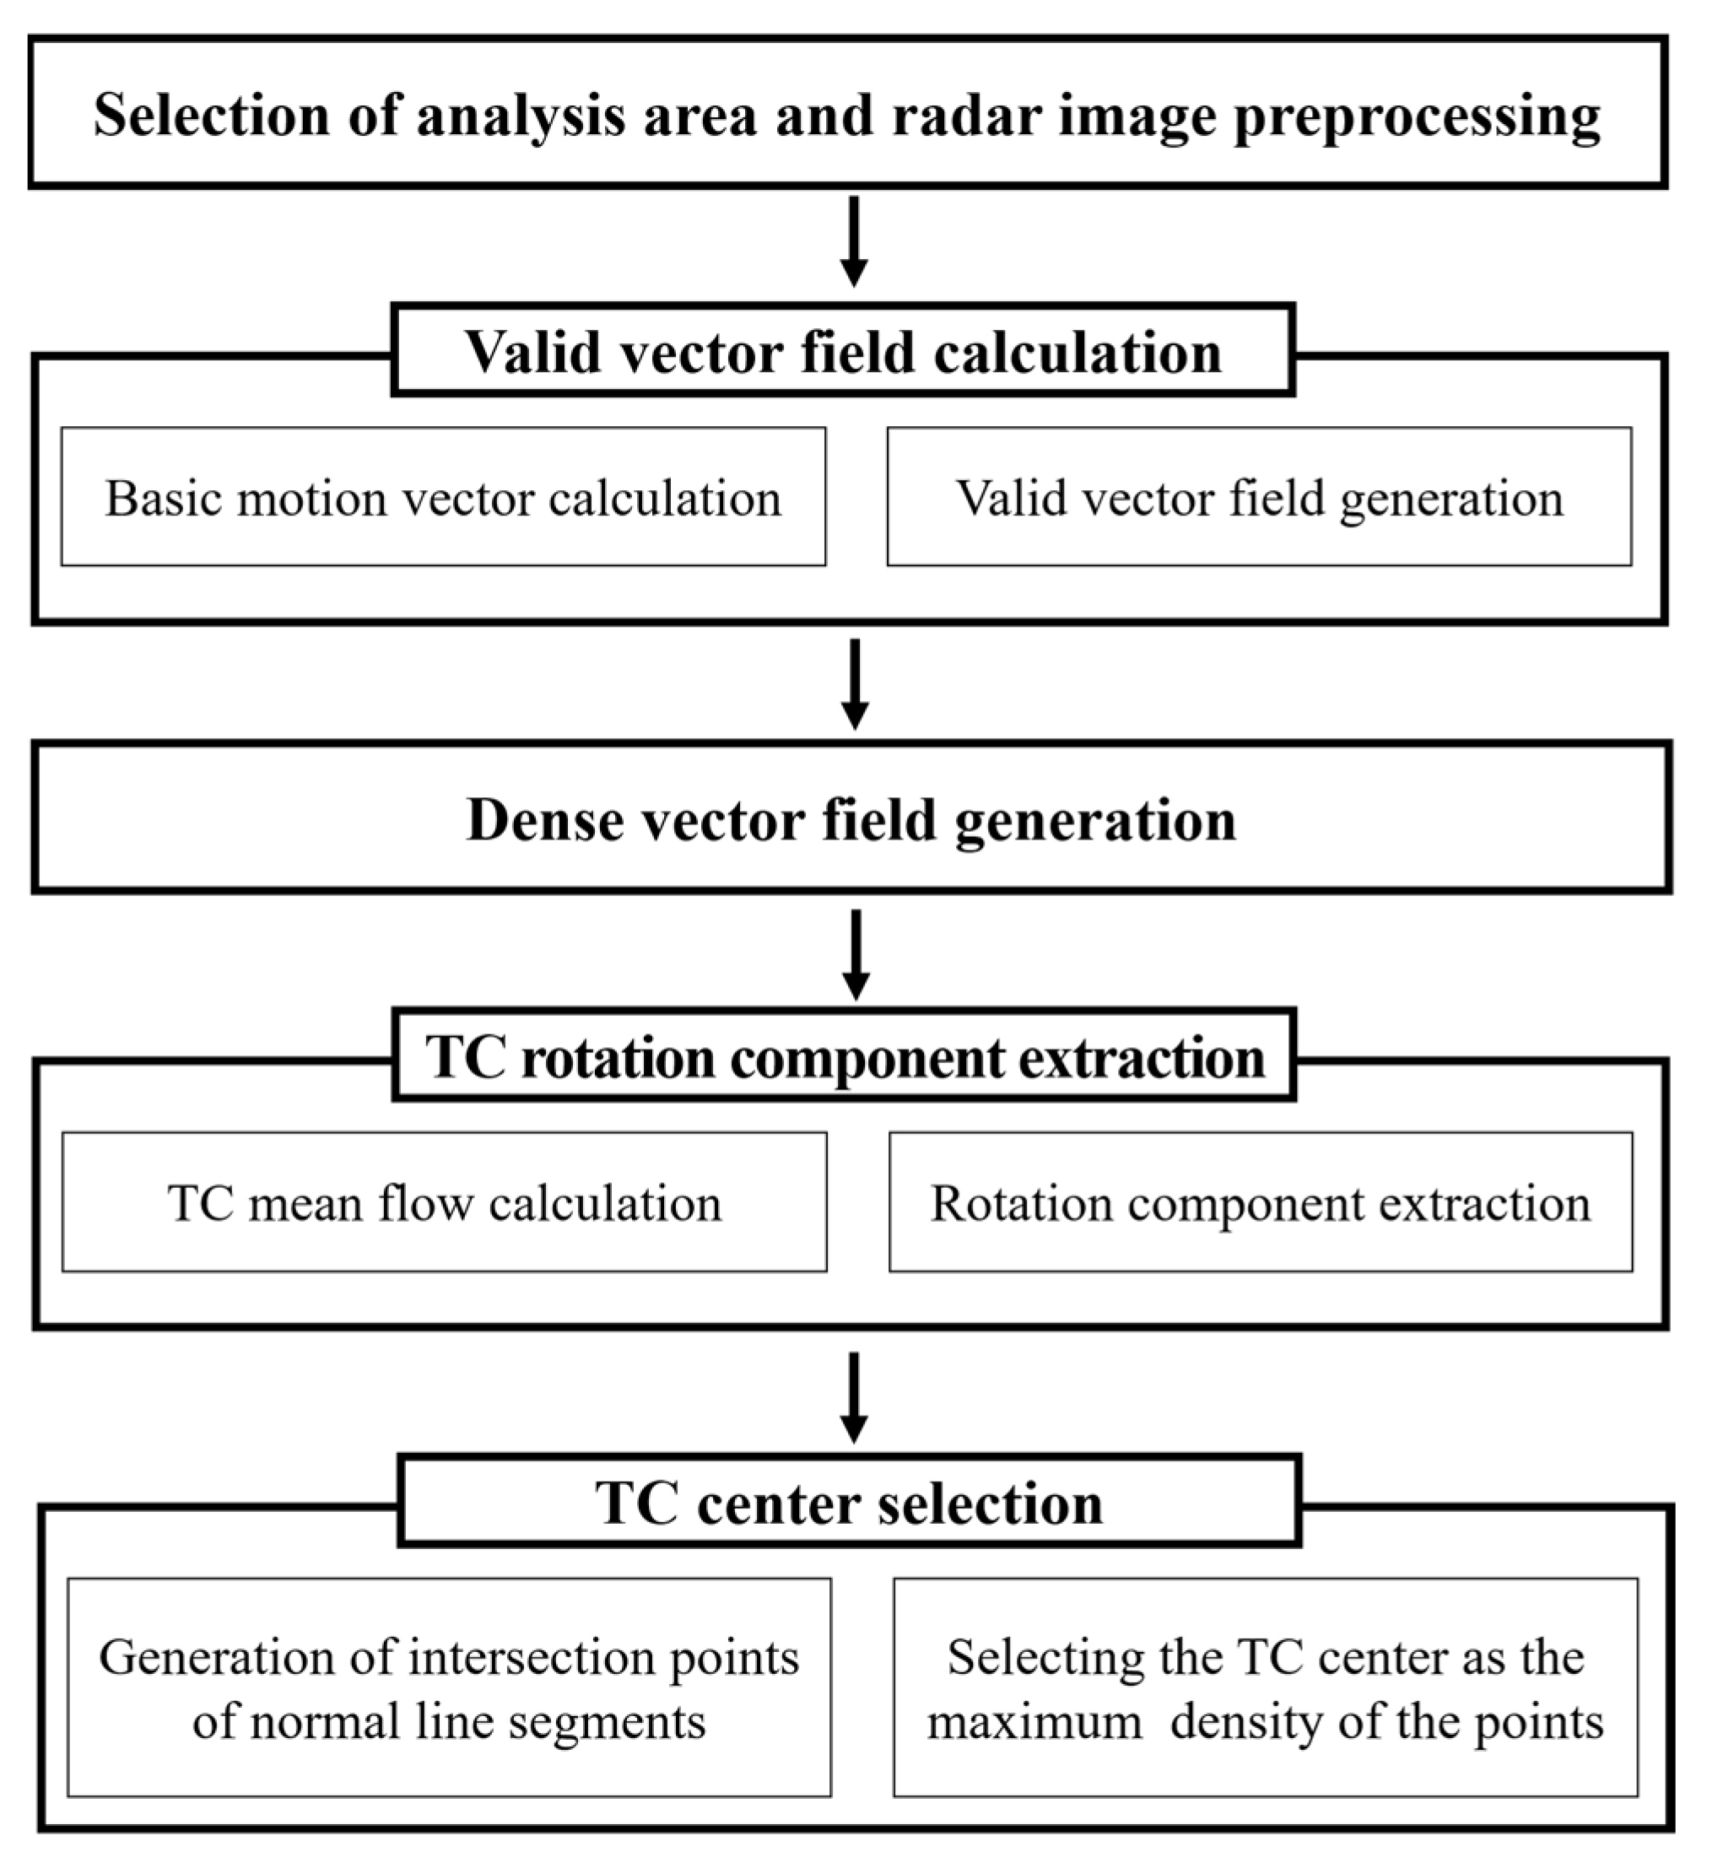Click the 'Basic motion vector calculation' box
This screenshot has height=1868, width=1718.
[x=444, y=497]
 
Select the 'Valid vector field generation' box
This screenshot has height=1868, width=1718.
[x=1259, y=497]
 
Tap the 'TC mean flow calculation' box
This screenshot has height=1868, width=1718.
[x=445, y=1202]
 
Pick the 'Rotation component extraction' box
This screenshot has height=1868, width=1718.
[x=1261, y=1202]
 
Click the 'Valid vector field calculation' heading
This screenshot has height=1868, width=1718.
[x=843, y=351]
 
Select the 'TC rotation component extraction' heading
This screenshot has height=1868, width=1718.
[x=844, y=1056]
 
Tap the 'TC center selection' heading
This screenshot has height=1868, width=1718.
[x=849, y=1503]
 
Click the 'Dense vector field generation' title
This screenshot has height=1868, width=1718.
[x=851, y=820]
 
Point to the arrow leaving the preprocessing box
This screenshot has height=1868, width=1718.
[x=853, y=240]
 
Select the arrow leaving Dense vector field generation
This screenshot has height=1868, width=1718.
[x=856, y=953]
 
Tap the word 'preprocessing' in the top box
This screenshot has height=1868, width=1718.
[x=1417, y=118]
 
